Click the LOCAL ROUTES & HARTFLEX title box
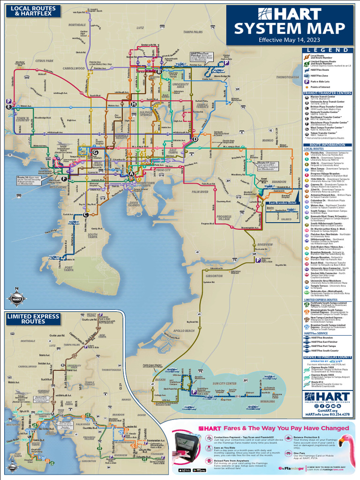(x=33, y=11)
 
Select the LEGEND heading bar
(x=328, y=50)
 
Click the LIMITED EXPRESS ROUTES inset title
(x=33, y=319)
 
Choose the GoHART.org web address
(x=328, y=410)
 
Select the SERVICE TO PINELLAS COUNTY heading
(x=328, y=357)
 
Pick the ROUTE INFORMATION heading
(x=328, y=145)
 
